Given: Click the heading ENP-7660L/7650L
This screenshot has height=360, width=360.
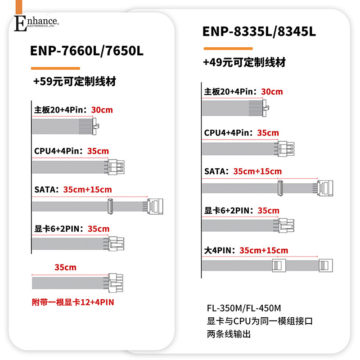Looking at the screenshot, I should (x=87, y=51).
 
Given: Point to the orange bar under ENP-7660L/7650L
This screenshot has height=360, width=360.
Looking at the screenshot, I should (x=55, y=68).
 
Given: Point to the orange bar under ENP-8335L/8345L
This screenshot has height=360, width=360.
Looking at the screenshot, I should (x=227, y=49).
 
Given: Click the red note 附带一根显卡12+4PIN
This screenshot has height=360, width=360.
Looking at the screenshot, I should (x=73, y=302).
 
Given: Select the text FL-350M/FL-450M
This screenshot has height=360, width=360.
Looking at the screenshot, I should (x=243, y=309).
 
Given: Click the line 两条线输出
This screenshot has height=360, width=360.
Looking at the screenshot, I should (x=228, y=334).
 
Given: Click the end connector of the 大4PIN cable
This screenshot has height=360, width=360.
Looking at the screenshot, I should (x=325, y=265).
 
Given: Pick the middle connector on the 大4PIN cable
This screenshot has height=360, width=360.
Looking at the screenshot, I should (x=279, y=265).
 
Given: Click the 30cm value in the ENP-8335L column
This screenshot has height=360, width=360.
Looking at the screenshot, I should (x=272, y=92).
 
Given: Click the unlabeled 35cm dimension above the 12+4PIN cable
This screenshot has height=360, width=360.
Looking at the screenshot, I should (x=66, y=268).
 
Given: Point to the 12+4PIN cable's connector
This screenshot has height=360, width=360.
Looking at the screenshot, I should (x=115, y=283).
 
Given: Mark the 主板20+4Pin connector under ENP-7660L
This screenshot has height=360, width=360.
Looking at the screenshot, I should (x=96, y=125).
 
